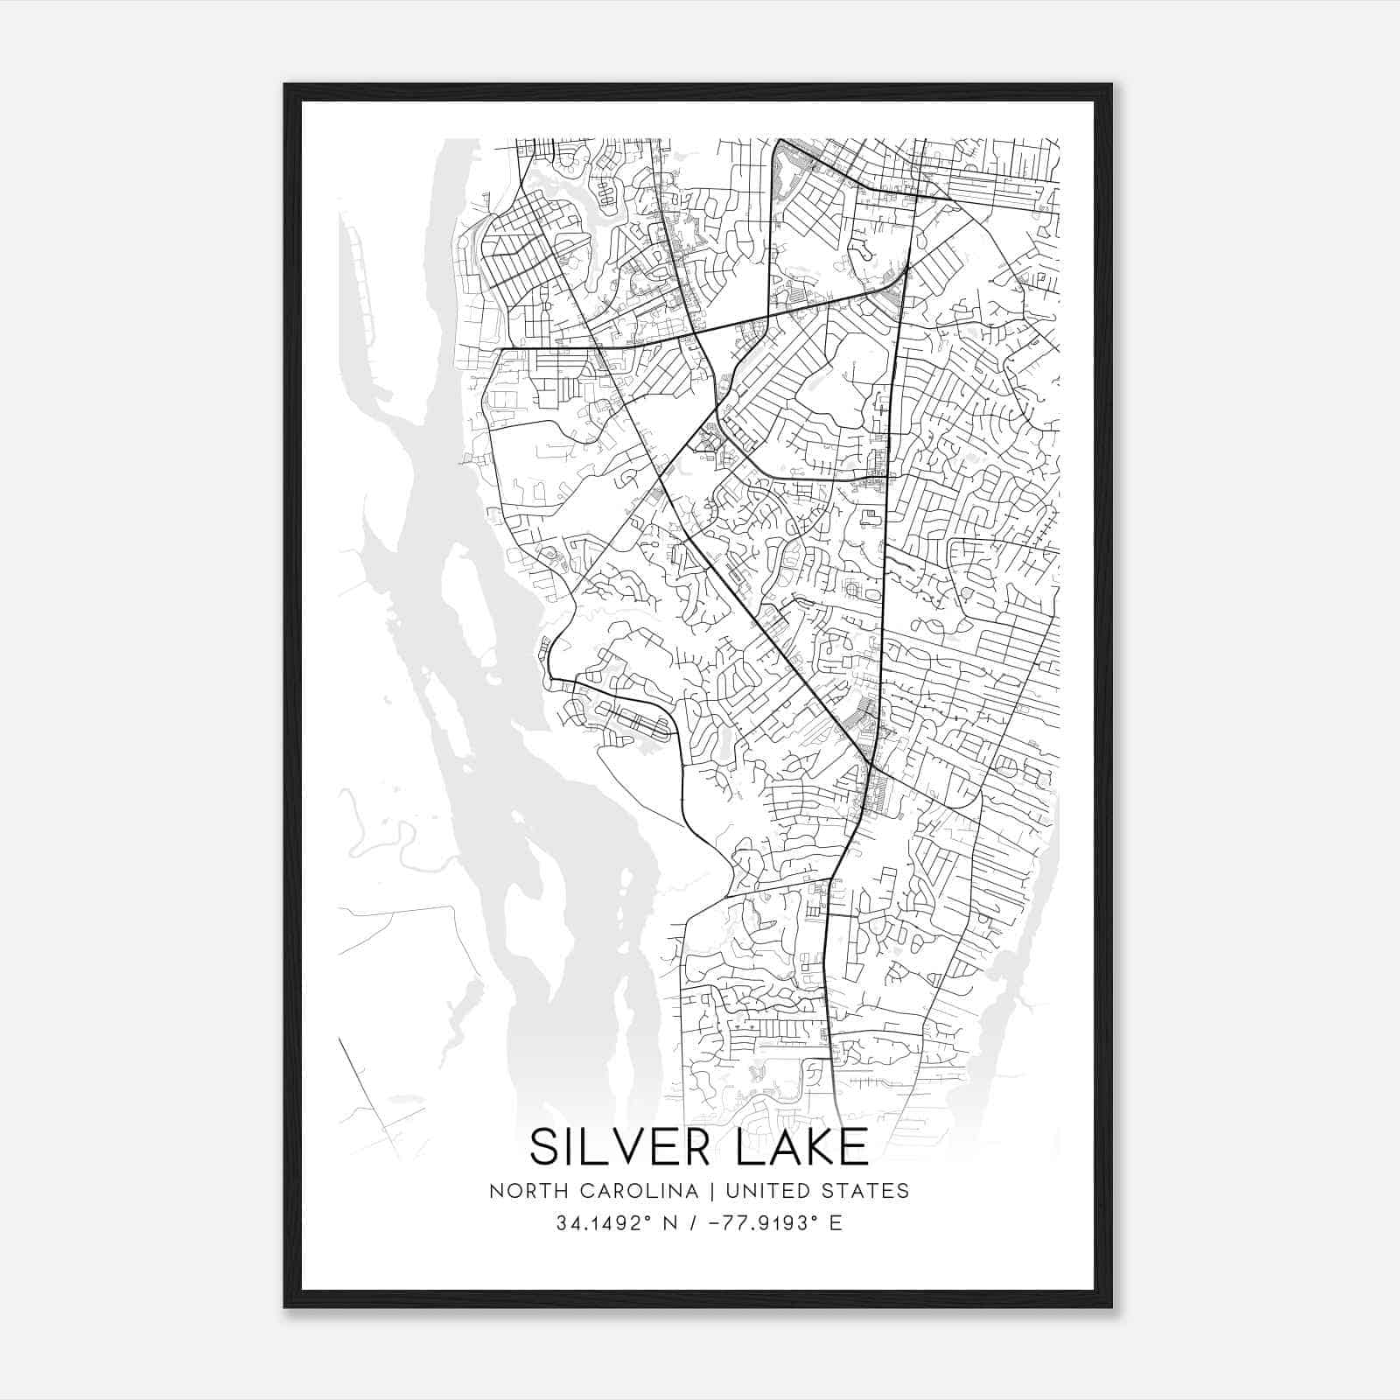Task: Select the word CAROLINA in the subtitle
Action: click(x=624, y=1191)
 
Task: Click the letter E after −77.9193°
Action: click(x=836, y=1223)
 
